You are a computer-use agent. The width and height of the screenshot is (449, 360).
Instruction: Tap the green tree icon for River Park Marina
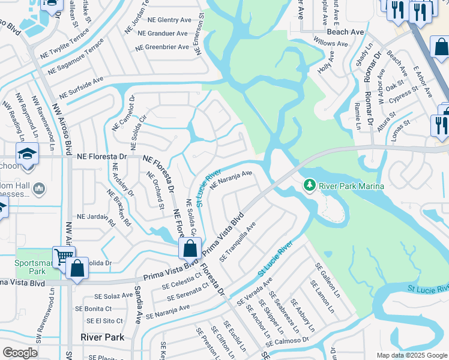click(x=310, y=185)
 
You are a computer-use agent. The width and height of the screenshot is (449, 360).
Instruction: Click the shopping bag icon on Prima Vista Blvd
click(x=190, y=248)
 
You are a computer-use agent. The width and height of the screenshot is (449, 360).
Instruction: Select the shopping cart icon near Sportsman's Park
click(x=62, y=256)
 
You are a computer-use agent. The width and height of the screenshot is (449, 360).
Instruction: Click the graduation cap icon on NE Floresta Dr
click(x=27, y=155)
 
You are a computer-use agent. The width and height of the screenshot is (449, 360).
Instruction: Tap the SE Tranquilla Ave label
click(x=238, y=241)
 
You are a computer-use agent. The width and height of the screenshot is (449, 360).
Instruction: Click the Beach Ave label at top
click(x=345, y=31)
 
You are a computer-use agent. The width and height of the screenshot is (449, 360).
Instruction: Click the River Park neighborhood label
click(x=103, y=337)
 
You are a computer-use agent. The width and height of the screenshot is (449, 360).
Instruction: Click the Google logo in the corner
click(x=20, y=352)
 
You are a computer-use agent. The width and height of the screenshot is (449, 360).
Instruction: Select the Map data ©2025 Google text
click(x=412, y=355)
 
